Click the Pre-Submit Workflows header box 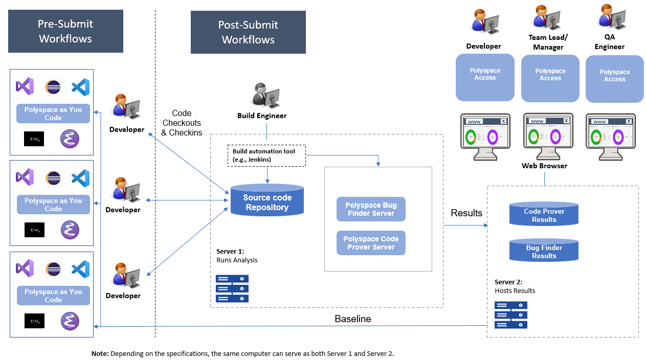click(65, 31)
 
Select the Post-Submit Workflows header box click(248, 32)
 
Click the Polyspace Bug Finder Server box click(371, 209)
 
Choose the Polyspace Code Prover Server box click(371, 243)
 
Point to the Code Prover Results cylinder click(544, 215)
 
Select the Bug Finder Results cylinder click(544, 251)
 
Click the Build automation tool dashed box click(266, 155)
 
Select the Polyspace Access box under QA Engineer click(614, 79)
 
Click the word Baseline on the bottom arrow click(353, 319)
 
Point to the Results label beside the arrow click(466, 213)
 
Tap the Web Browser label click(544, 166)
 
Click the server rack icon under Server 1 click(232, 288)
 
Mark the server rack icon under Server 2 click(510, 314)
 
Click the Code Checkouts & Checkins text click(182, 123)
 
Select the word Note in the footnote click(100, 353)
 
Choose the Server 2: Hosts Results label click(515, 286)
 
